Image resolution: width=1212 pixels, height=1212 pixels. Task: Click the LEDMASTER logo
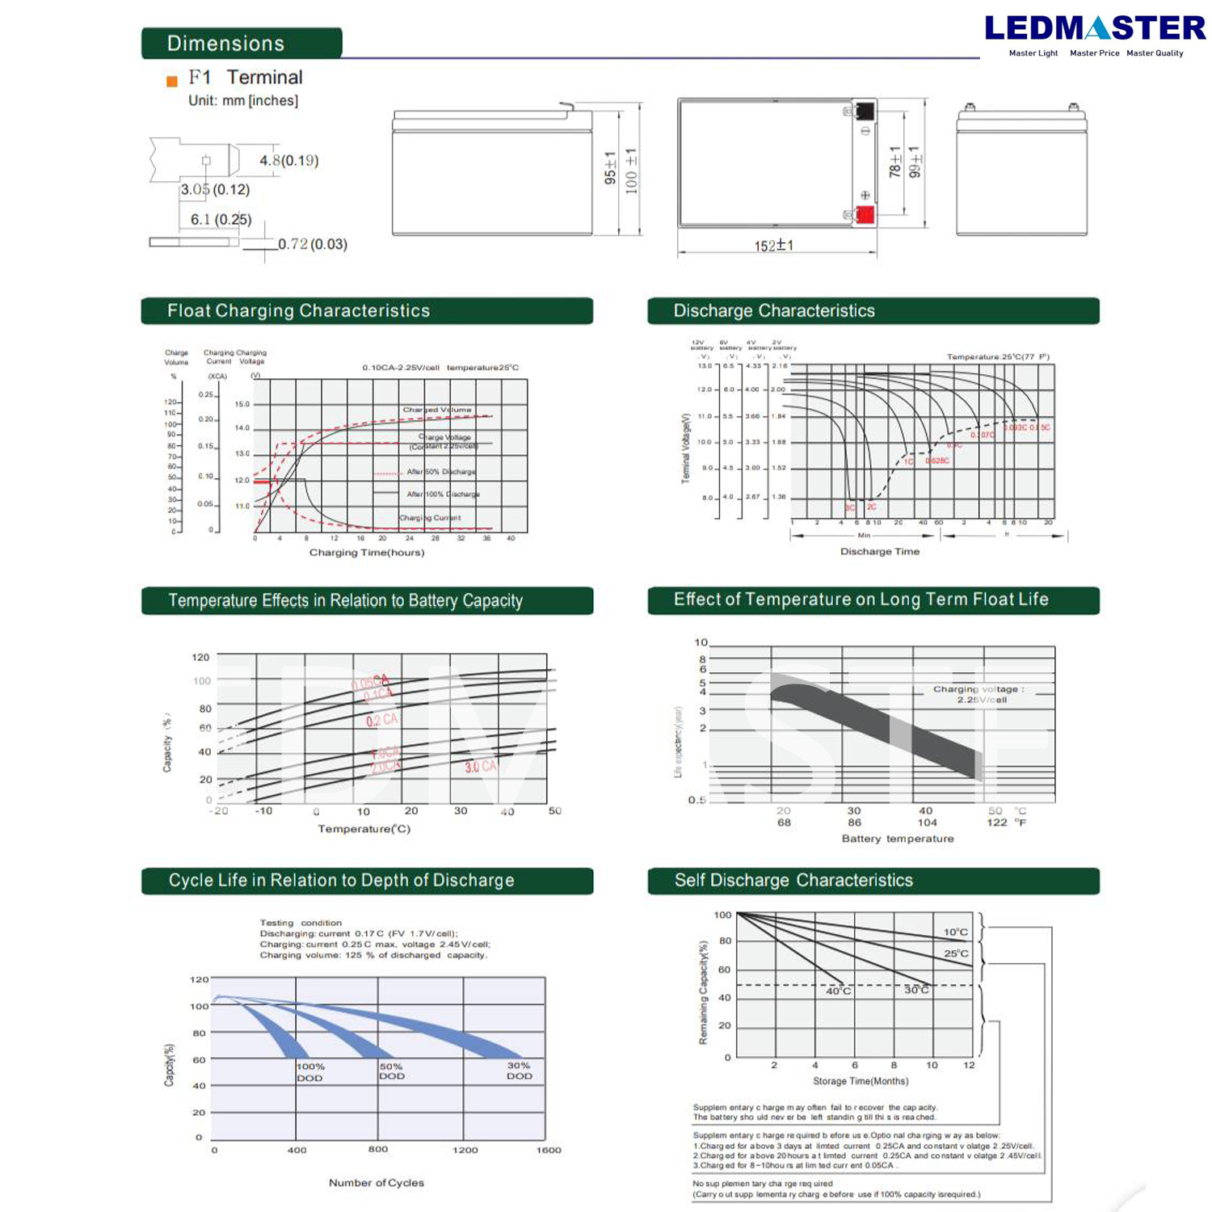[1095, 29]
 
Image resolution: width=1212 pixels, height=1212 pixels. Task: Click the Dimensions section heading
[225, 44]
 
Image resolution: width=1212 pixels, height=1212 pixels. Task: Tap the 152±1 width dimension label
[773, 246]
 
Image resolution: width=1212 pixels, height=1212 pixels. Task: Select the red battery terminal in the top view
[865, 215]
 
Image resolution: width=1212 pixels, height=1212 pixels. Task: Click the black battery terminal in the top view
[865, 111]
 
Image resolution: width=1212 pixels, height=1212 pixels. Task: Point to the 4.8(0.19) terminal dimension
[288, 161]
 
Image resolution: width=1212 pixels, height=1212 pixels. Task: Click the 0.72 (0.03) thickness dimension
[312, 244]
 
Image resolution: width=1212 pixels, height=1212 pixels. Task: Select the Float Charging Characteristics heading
[298, 311]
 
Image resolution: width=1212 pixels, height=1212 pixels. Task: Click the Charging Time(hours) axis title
[366, 553]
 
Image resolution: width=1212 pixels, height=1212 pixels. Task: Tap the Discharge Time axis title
[879, 552]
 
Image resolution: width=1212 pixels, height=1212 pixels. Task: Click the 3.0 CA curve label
[480, 766]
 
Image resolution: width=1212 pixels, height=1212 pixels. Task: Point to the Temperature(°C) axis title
[364, 829]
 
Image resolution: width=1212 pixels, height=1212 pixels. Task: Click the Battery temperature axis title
[897, 839]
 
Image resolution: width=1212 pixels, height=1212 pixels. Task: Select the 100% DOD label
[309, 1072]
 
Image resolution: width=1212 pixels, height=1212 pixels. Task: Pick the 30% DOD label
[519, 1071]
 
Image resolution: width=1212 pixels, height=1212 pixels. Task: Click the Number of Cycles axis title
[376, 1183]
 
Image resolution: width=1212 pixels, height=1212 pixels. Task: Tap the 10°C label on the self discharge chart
[955, 932]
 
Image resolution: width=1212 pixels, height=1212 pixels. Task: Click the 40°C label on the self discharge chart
[838, 991]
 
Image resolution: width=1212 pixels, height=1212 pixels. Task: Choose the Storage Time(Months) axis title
[860, 1081]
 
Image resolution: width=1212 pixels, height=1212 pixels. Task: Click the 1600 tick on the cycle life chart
[548, 1150]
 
